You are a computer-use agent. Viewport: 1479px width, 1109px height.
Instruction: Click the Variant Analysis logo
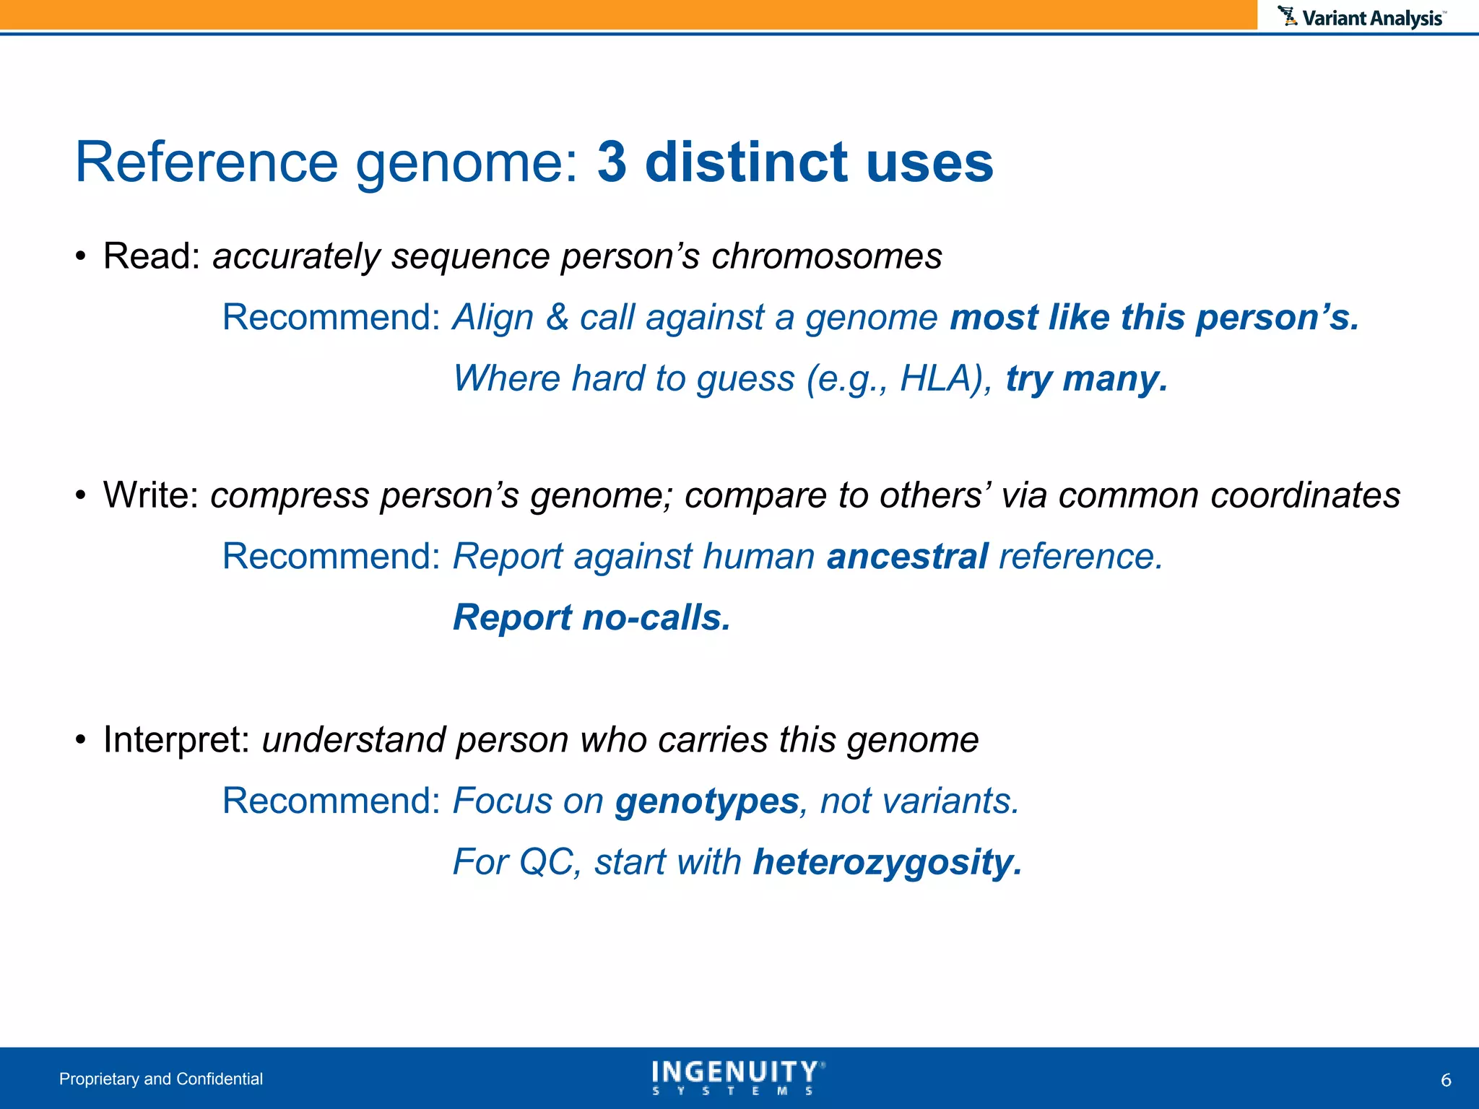[x=1362, y=17]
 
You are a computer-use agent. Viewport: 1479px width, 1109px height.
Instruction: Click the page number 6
[x=1446, y=1080]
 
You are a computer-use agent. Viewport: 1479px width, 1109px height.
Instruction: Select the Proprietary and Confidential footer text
[x=161, y=1079]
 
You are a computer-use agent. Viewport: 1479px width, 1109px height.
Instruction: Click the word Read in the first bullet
[x=150, y=256]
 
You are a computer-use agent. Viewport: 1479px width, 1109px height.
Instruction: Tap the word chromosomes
[x=826, y=256]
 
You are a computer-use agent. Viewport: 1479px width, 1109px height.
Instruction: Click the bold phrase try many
[x=1086, y=378]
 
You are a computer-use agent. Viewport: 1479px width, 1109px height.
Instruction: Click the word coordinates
[x=1305, y=495]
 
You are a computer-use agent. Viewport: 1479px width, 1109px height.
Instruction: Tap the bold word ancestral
[x=907, y=557]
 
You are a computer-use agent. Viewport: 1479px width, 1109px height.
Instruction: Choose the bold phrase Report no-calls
[x=591, y=618]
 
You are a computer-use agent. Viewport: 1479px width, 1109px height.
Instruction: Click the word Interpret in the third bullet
[x=175, y=740]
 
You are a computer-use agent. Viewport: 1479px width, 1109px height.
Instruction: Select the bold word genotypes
[x=706, y=801]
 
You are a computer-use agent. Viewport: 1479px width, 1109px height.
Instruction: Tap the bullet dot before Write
[x=81, y=497]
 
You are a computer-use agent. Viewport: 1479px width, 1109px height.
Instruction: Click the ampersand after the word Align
[x=557, y=318]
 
